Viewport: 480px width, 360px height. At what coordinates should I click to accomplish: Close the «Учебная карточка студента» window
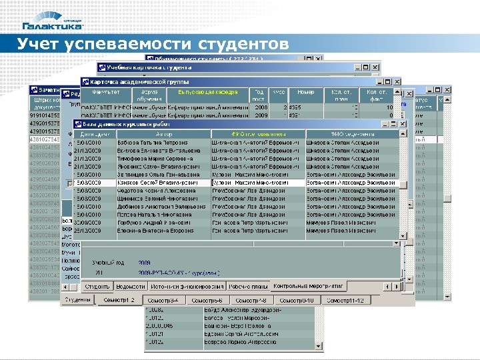(376, 67)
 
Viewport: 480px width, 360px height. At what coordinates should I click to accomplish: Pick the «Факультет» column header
(106, 92)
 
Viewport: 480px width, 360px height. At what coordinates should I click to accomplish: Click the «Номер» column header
(306, 92)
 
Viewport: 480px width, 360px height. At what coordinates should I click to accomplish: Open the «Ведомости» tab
(130, 286)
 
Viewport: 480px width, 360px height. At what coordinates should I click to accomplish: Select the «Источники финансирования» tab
(187, 286)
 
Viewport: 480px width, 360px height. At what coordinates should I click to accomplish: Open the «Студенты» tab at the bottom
(79, 300)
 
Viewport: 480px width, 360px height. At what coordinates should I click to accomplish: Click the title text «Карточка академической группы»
(127, 81)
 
